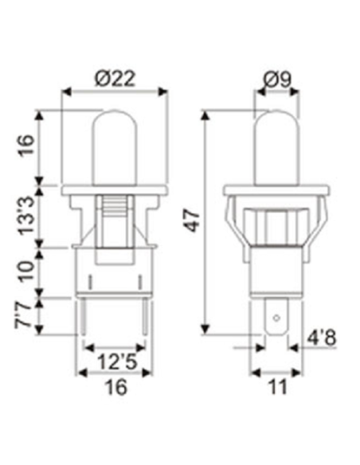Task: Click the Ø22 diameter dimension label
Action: click(115, 79)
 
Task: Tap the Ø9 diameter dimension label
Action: click(275, 79)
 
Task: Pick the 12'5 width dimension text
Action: click(114, 361)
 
